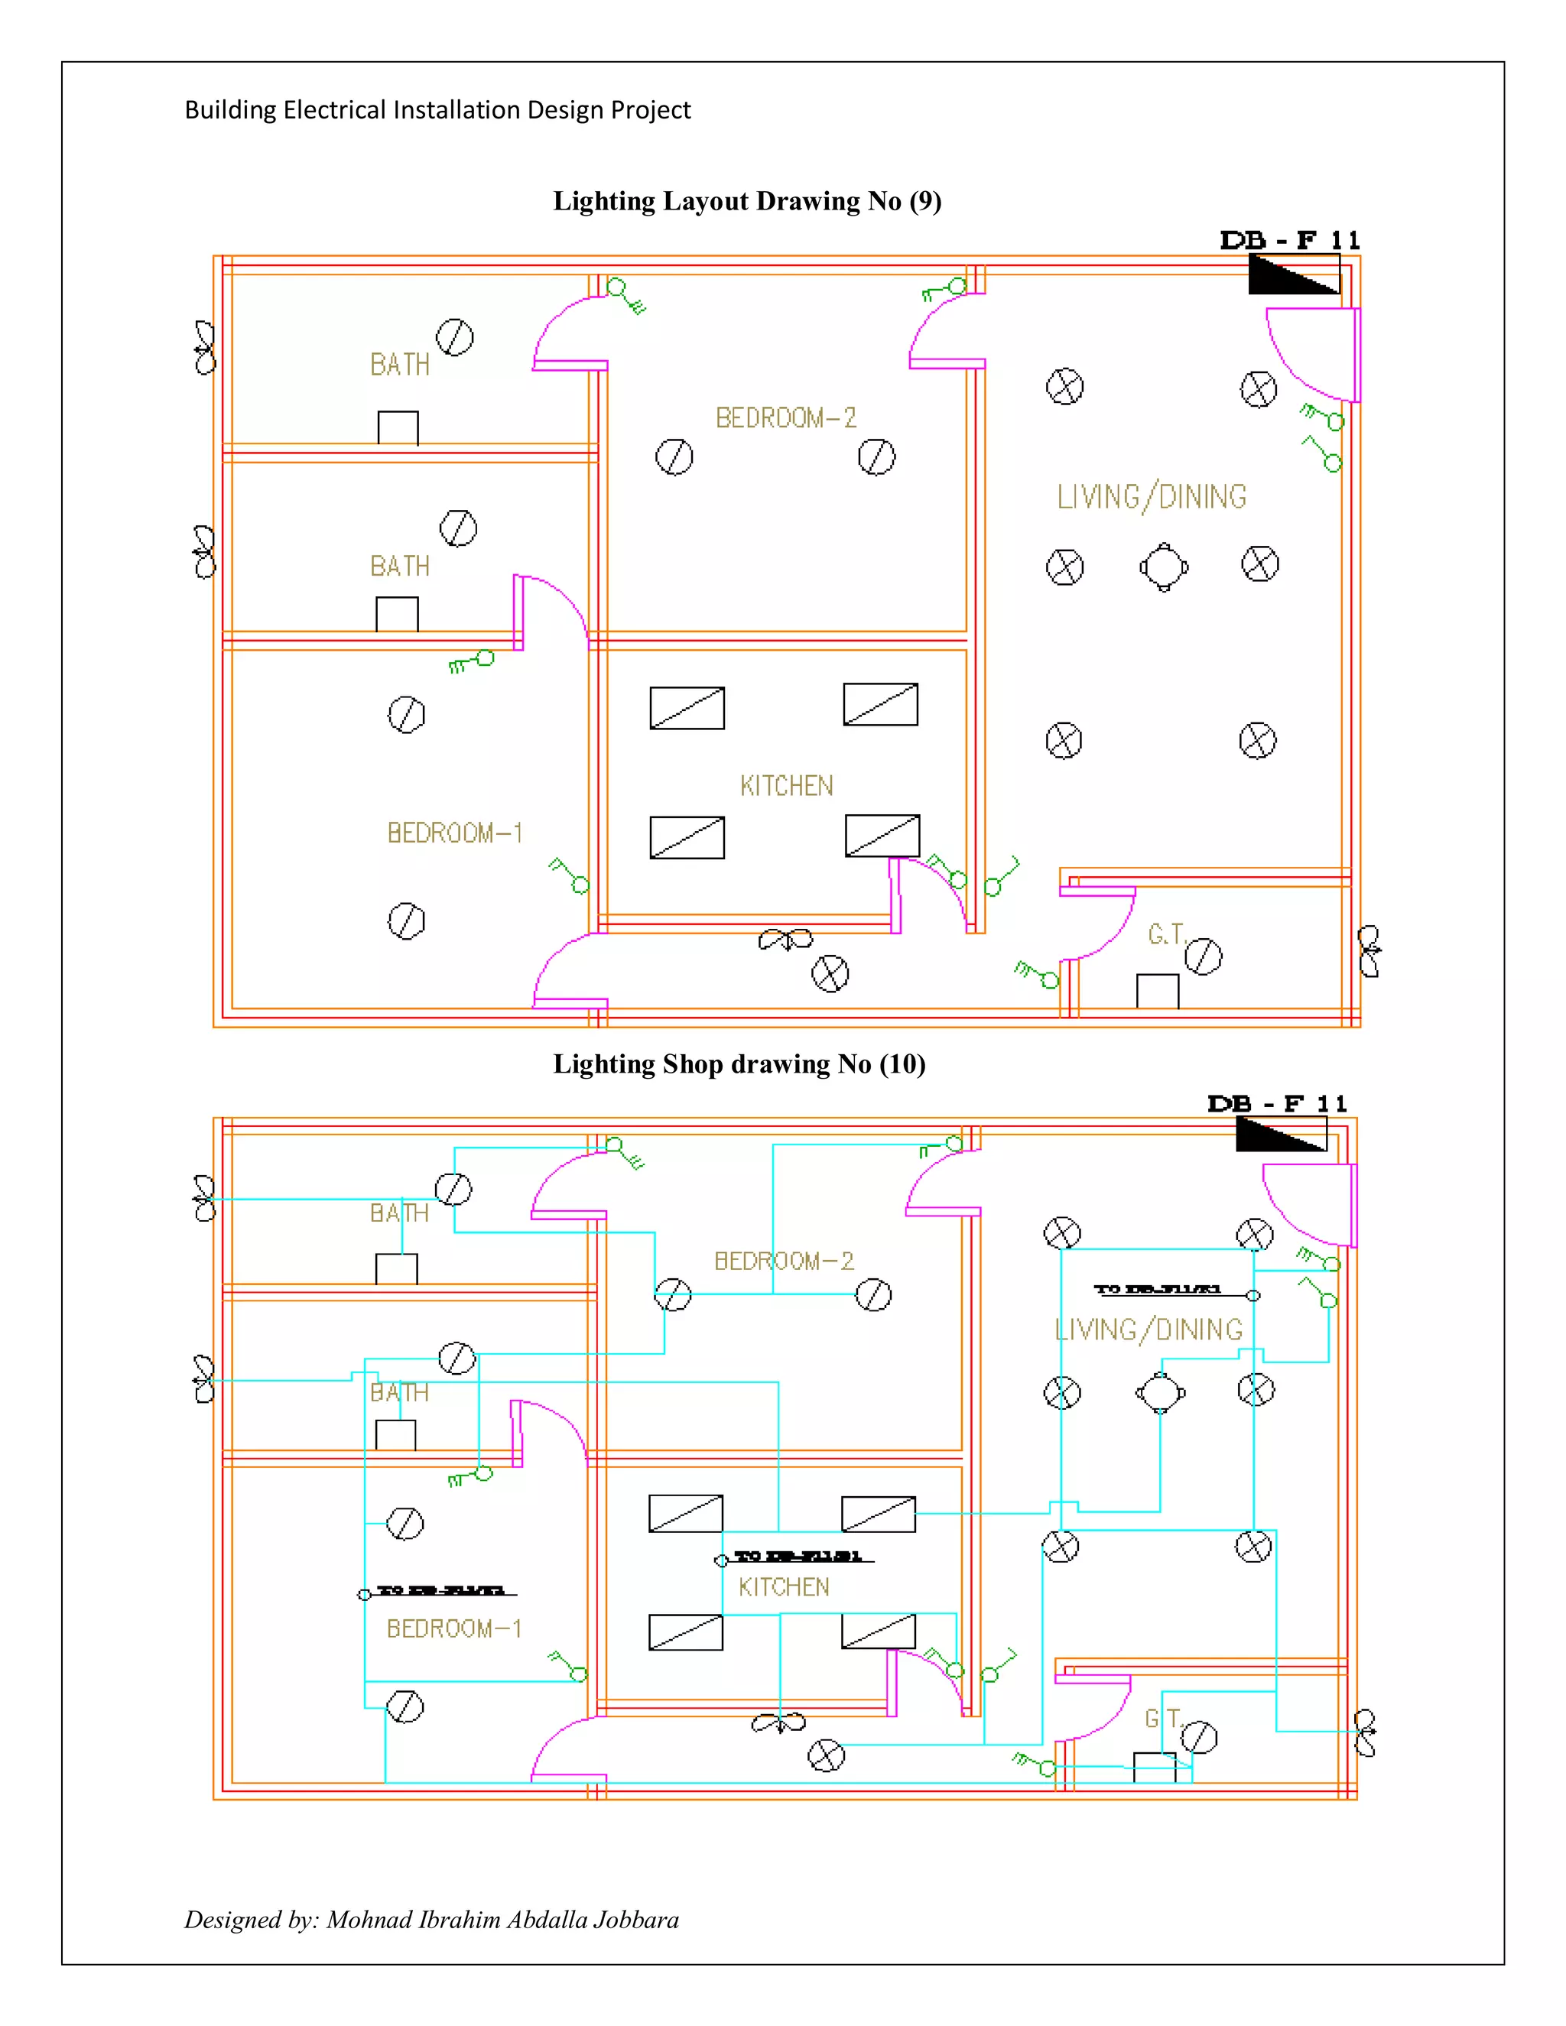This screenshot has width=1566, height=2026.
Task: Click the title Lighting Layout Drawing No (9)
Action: [747, 201]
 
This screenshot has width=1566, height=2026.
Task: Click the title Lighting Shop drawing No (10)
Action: [739, 1063]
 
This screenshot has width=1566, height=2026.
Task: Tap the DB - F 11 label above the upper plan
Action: [1289, 240]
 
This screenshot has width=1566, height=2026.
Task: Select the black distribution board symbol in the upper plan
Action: [1295, 275]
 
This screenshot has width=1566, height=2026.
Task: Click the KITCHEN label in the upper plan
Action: [787, 786]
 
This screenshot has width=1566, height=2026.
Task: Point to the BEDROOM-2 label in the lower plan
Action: [784, 1261]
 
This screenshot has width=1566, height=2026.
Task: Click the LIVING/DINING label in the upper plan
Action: [1152, 497]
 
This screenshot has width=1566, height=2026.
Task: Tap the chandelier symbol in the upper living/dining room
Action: [1165, 567]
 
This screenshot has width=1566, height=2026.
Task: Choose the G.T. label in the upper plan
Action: [1166, 934]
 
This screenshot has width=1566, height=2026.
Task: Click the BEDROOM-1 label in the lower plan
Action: [453, 1629]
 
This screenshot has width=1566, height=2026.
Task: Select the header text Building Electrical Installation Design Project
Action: [437, 110]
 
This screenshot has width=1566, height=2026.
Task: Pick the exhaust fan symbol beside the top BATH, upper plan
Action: [204, 348]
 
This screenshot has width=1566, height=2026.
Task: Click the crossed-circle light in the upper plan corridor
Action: [830, 974]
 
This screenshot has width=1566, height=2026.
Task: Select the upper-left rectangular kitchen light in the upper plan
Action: [687, 708]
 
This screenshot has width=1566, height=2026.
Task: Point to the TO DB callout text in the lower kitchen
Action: [798, 1556]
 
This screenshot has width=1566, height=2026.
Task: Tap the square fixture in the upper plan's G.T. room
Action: [1157, 991]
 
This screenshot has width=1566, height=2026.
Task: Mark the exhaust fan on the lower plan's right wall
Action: [1365, 1733]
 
